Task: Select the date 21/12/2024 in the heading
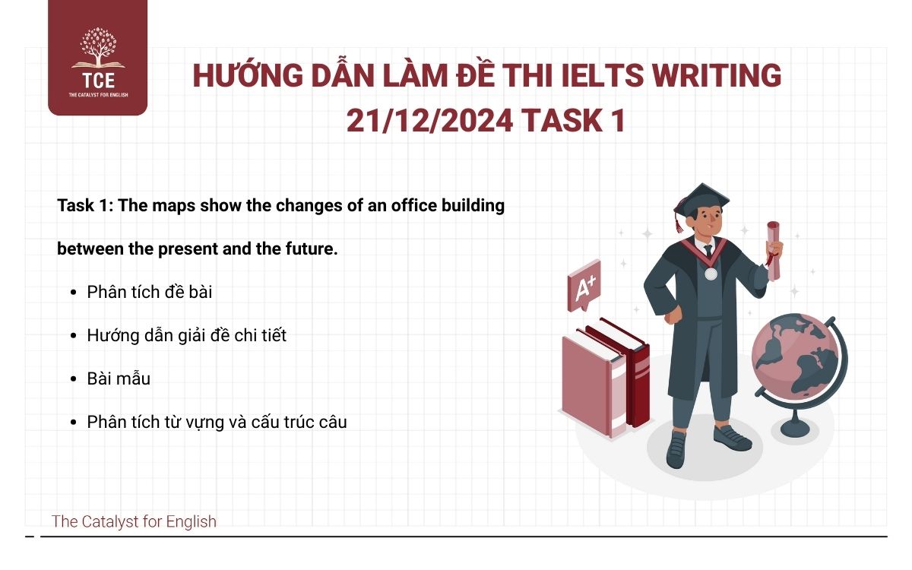coord(430,121)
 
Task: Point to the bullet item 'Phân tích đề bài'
coord(150,292)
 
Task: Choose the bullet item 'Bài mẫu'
coord(119,378)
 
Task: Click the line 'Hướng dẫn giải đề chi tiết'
coord(187,335)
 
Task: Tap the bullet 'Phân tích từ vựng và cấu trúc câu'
coord(217,422)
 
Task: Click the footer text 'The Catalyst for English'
coord(134,521)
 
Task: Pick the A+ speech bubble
coord(584,287)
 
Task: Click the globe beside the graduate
coord(795,357)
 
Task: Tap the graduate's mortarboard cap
coord(701,199)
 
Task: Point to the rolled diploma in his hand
coord(774,247)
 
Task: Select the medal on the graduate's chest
coord(711,273)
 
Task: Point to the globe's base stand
coord(795,426)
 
